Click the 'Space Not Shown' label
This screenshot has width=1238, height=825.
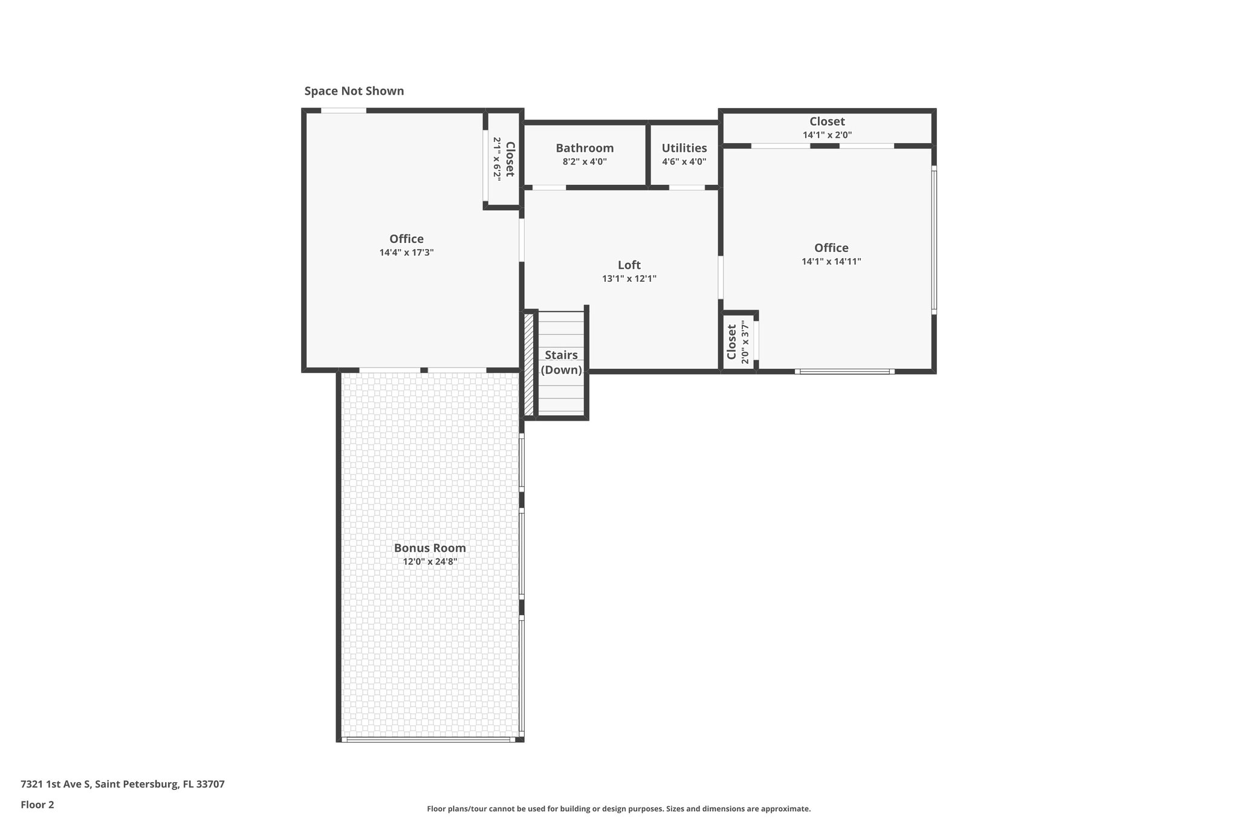(x=354, y=91)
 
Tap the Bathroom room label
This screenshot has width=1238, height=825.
(x=585, y=148)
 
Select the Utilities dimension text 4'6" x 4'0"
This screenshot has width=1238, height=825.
(x=684, y=162)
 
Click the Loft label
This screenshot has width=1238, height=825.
(x=629, y=265)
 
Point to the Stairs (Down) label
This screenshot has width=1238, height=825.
(x=561, y=363)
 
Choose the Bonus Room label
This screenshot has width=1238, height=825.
(x=430, y=548)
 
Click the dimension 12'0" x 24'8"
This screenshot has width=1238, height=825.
(x=430, y=561)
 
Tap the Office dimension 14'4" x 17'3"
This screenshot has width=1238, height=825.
(x=406, y=253)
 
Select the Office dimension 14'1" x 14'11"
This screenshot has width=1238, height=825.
(x=831, y=262)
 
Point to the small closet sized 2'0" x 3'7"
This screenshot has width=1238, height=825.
(x=738, y=341)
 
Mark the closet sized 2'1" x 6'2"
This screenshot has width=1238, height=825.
(x=504, y=158)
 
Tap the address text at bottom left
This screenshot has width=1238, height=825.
(x=123, y=785)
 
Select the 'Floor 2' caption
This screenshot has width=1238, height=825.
(x=37, y=804)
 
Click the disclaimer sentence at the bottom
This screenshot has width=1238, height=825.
(x=618, y=809)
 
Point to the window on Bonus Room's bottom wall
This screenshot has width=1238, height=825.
(x=428, y=739)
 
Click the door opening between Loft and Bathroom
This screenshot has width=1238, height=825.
(x=549, y=187)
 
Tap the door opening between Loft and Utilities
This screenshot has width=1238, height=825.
(x=687, y=187)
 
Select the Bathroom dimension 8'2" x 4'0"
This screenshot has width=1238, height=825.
(x=585, y=162)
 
